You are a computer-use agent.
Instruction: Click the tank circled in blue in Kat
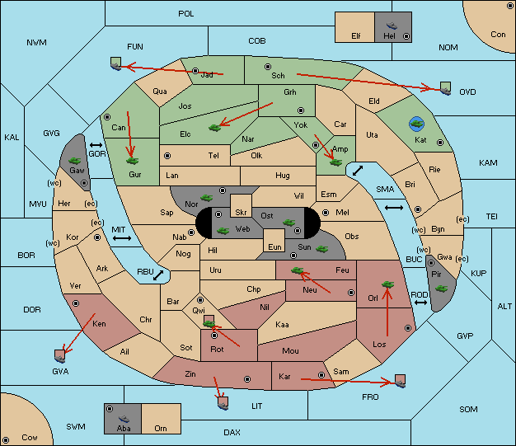416,124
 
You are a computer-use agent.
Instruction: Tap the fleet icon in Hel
392,26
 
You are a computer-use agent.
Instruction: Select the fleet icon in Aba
124,418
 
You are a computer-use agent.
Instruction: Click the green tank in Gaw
75,161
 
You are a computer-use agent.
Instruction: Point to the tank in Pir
441,289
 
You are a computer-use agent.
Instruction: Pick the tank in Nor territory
207,198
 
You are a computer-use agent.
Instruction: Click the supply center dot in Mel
326,213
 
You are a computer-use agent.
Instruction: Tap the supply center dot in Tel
167,155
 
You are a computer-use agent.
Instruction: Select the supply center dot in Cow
6,439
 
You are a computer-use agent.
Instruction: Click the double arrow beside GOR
96,145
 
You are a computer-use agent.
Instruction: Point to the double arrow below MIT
122,238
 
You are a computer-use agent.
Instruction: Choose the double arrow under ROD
420,303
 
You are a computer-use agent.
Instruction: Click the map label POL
186,14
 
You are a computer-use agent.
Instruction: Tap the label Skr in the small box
241,213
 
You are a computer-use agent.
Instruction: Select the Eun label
274,246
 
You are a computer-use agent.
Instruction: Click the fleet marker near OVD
446,88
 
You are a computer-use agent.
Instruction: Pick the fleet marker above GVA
60,356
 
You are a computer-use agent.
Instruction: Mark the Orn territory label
161,428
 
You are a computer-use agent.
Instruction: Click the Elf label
356,36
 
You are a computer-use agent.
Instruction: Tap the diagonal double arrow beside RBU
158,275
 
